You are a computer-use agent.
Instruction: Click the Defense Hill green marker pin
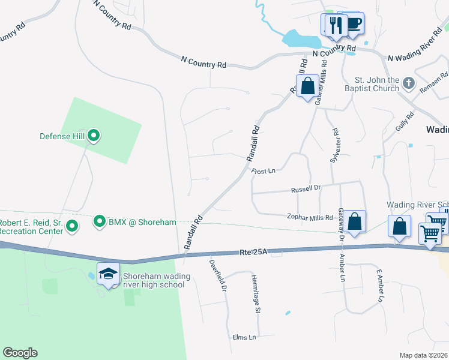(x=94, y=136)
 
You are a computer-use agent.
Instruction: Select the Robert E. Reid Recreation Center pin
(x=72, y=226)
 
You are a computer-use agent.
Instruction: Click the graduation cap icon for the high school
(x=109, y=274)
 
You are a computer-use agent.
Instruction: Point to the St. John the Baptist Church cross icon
(x=408, y=83)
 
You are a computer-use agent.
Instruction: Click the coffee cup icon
(x=352, y=24)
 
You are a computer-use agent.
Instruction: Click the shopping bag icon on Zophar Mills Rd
(x=355, y=221)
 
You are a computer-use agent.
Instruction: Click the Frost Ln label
(x=263, y=171)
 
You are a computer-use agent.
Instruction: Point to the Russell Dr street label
(x=306, y=188)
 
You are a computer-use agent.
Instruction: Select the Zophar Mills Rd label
(x=309, y=217)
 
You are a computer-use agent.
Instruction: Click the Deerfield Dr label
(x=217, y=275)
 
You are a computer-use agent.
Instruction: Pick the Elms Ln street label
(x=244, y=338)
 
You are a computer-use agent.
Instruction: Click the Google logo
(x=20, y=353)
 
